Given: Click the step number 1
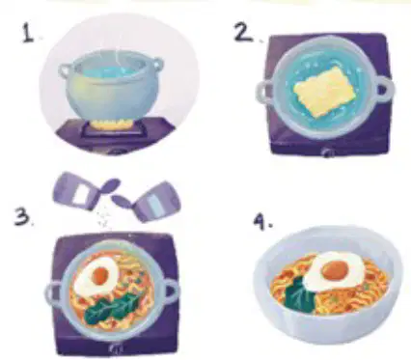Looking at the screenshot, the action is [x=28, y=34].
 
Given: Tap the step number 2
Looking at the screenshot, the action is [x=243, y=33].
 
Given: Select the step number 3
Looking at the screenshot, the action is [x=22, y=216].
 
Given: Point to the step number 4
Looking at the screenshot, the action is [x=261, y=222].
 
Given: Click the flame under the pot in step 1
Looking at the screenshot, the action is [x=112, y=125].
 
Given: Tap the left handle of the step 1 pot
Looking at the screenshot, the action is [x=66, y=70].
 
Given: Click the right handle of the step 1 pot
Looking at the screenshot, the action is [x=156, y=65].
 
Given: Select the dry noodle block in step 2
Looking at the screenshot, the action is [x=325, y=91].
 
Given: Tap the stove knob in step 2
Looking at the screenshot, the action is [x=327, y=152].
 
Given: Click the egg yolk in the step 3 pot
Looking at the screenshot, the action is [x=100, y=275].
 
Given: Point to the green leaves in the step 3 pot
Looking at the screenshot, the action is [x=112, y=308].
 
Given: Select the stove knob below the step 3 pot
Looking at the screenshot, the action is [x=116, y=347].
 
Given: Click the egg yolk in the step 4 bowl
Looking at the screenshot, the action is [x=335, y=269].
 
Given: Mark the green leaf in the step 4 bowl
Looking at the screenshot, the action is [x=299, y=295].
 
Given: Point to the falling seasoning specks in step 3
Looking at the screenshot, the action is [x=103, y=217].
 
